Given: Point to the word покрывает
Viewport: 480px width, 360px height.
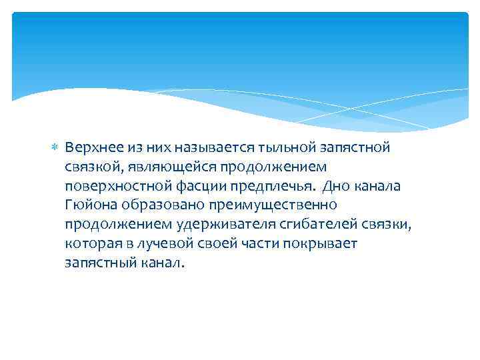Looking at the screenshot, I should pos(327,244).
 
